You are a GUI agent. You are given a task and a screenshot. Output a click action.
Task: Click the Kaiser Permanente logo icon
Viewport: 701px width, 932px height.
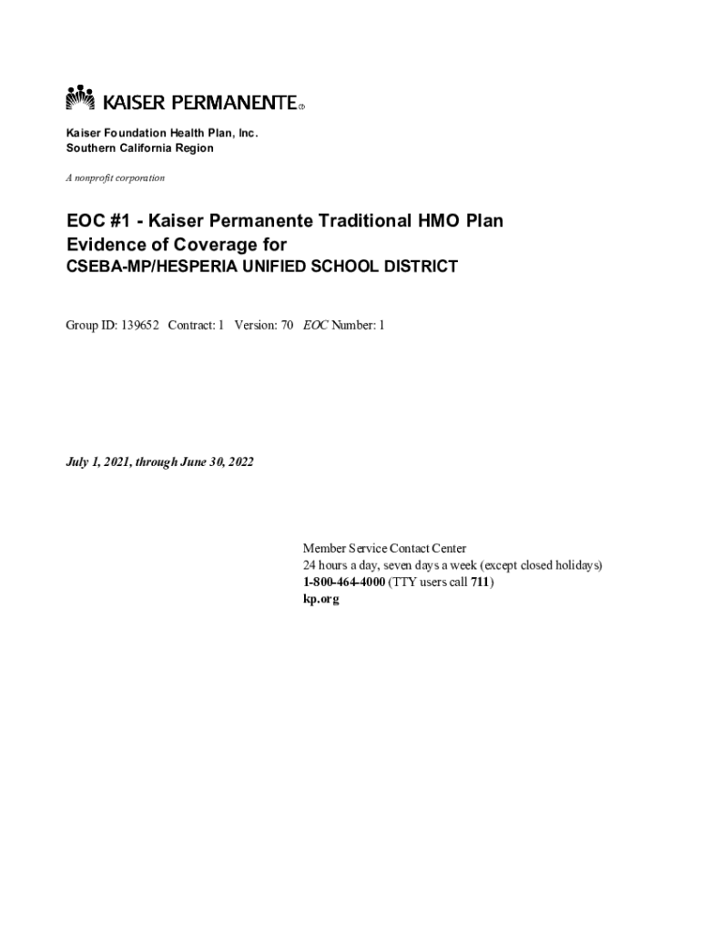point(80,97)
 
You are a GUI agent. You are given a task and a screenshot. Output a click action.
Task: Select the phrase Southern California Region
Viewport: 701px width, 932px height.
point(139,148)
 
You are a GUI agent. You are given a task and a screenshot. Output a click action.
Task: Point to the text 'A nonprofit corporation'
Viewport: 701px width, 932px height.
point(115,177)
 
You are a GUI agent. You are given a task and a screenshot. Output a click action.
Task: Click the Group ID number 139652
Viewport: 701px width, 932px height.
point(140,325)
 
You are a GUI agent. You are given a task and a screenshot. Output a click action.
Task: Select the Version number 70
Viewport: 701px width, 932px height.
point(286,325)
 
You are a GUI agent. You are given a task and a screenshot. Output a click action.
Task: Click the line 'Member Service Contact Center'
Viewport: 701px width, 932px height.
point(384,549)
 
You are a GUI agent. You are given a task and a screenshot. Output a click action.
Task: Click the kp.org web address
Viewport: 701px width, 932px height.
point(320,600)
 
